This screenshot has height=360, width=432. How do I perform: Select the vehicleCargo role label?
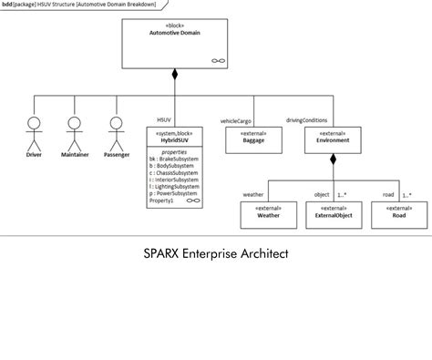pyautogui.click(x=236, y=120)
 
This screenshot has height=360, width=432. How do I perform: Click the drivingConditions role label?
pyautogui.click(x=307, y=119)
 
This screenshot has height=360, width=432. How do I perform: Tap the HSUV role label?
pyautogui.click(x=164, y=119)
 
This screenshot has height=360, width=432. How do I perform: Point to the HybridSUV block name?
pyautogui.click(x=174, y=140)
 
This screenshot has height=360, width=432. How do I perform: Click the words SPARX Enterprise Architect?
pyautogui.click(x=215, y=253)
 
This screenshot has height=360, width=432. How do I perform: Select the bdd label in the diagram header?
pyautogui.click(x=7, y=5)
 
